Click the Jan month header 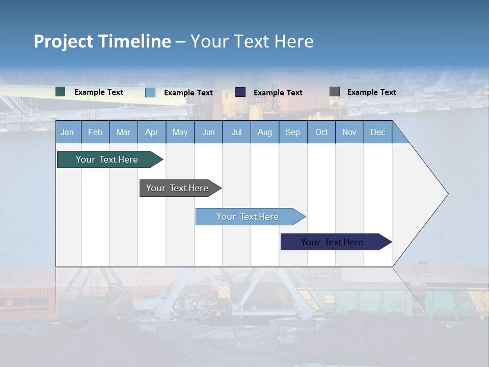pos(67,132)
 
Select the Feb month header pos(95,132)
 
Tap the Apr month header pos(151,132)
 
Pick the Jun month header pos(208,132)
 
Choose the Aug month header pos(265,132)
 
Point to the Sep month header pos(292,132)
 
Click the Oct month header pos(321,132)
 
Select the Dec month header pos(377,132)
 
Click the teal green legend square pos(61,92)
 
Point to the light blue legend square pos(150,92)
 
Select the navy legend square pos(240,92)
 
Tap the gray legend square pos(335,92)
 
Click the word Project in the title pos(64,41)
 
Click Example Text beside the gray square pos(371,92)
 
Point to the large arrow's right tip pos(447,194)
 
